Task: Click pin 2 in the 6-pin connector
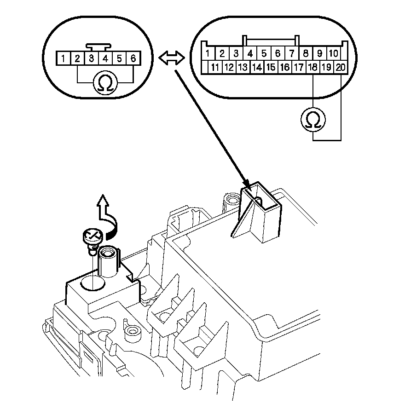pyautogui.click(x=77, y=58)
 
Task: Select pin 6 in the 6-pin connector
pyautogui.click(x=133, y=58)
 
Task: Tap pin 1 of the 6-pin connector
pyautogui.click(x=63, y=58)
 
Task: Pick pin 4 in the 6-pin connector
pyautogui.click(x=105, y=58)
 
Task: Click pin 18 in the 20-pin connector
pyautogui.click(x=312, y=67)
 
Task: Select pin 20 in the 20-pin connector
pyautogui.click(x=341, y=67)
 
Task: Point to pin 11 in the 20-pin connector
pyautogui.click(x=215, y=67)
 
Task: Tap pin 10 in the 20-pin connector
pyautogui.click(x=334, y=54)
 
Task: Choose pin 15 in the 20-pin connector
pyautogui.click(x=271, y=67)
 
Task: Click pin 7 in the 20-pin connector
pyautogui.click(x=292, y=54)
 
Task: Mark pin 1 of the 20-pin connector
pyautogui.click(x=208, y=54)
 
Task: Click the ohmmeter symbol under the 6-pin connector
pyautogui.click(x=105, y=83)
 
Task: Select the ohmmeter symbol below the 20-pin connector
pyautogui.click(x=313, y=119)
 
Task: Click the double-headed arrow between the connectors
pyautogui.click(x=172, y=58)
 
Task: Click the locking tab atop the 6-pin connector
pyautogui.click(x=98, y=47)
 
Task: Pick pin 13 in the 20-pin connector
pyautogui.click(x=243, y=67)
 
